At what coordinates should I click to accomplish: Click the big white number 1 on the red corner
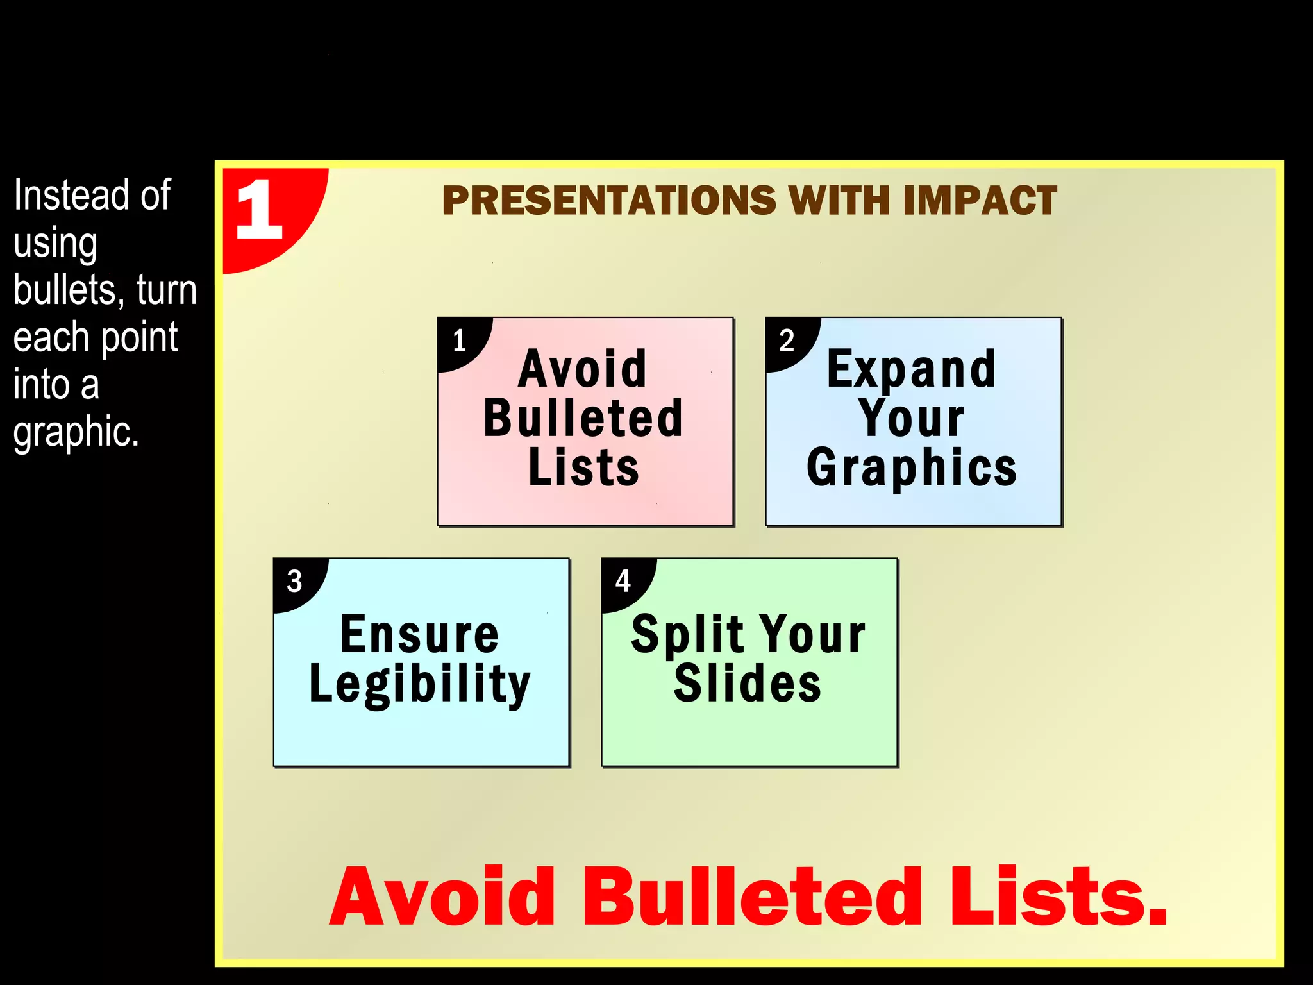[x=259, y=210]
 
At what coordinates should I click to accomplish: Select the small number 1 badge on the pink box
[x=459, y=341]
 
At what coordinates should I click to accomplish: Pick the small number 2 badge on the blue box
[x=787, y=340]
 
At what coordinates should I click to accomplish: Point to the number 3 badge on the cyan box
[x=294, y=582]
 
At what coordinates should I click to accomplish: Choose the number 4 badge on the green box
[x=623, y=581]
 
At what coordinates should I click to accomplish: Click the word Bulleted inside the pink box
[x=583, y=419]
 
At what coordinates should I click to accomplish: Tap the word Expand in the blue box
[x=911, y=370]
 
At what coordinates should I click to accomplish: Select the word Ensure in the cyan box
[x=419, y=635]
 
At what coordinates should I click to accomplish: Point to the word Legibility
[x=420, y=685]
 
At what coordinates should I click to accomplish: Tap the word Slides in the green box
[x=748, y=684]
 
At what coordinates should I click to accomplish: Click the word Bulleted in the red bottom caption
[x=751, y=897]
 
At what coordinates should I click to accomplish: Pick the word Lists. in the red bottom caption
[x=1058, y=897]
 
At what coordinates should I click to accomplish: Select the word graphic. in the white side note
[x=76, y=432]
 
